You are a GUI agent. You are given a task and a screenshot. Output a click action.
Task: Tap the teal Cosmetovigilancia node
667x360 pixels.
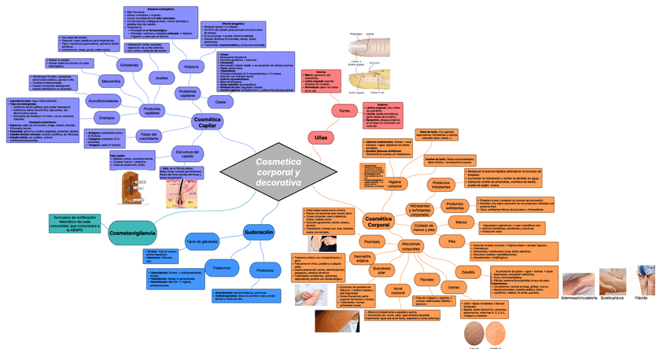point(131,233)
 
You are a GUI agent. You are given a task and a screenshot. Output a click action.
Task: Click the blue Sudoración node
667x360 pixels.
point(258,233)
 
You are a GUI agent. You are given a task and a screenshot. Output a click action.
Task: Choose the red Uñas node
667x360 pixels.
point(320,138)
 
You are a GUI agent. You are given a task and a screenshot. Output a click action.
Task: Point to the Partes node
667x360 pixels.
point(345,111)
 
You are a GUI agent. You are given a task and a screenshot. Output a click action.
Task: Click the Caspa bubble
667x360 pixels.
point(220,102)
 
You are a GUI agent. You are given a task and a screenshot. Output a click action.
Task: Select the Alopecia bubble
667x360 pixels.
point(190,66)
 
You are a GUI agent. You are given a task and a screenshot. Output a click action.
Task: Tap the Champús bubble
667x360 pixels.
point(107,118)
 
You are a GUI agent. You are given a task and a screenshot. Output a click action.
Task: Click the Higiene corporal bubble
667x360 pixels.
point(395,183)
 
